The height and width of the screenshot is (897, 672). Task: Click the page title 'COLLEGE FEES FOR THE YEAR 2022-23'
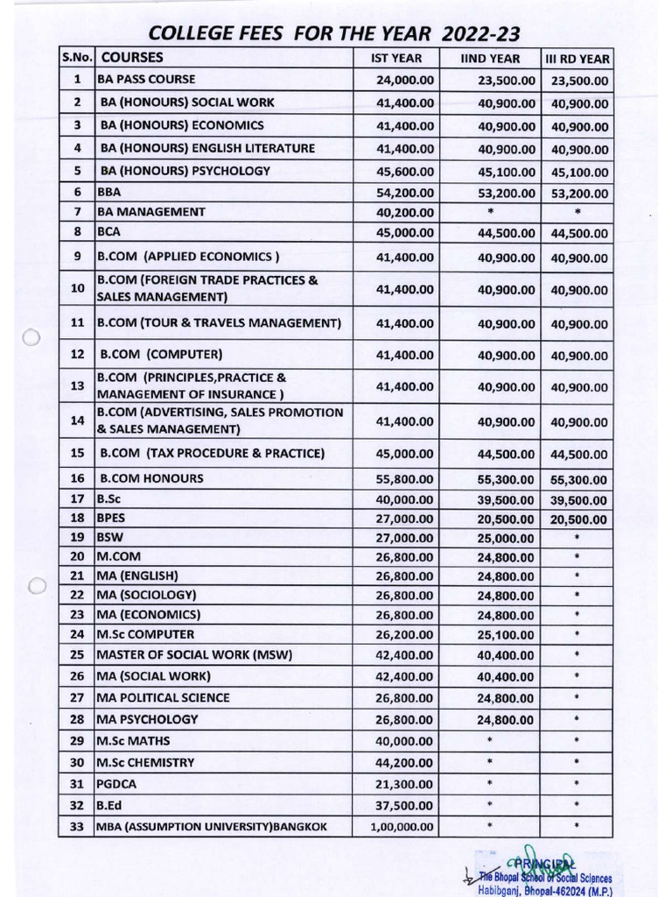point(334,34)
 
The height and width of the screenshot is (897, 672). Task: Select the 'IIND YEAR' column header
point(490,59)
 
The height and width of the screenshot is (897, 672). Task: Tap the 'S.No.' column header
point(77,58)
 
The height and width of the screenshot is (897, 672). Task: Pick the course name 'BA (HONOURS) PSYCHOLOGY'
point(185,171)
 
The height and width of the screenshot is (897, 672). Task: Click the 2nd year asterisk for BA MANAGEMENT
point(490,212)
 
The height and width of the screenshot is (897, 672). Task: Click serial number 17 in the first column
point(77,499)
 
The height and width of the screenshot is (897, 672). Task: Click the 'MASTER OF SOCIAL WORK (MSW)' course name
point(194,654)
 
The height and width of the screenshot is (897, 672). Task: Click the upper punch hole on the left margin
point(31,338)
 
